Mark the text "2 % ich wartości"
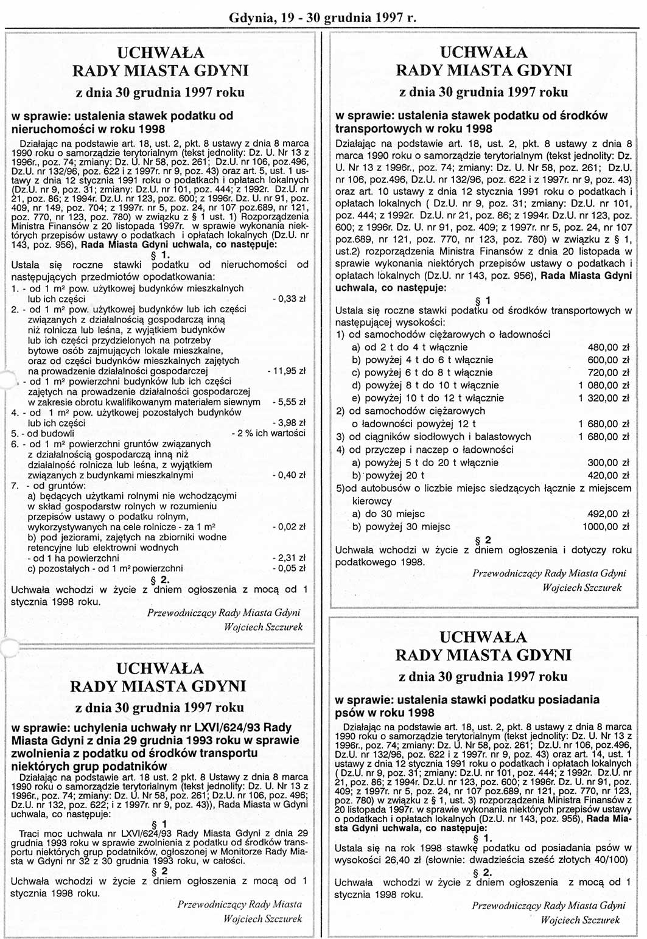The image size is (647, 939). click(x=269, y=433)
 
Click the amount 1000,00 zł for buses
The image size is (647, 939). click(x=606, y=526)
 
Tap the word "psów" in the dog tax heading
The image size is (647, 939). click(x=348, y=713)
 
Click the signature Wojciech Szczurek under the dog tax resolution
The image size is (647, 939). click(x=580, y=920)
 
